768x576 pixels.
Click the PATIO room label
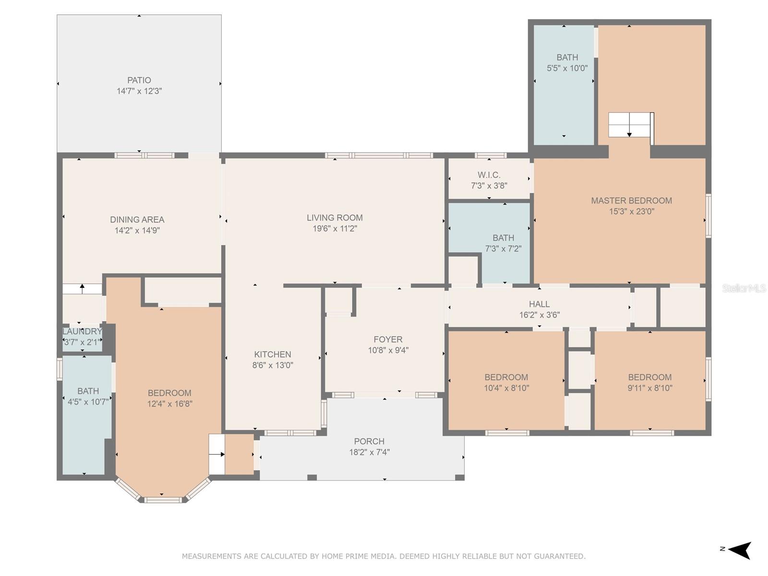(139, 80)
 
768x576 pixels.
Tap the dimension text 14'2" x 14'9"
(137, 230)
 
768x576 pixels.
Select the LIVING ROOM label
(335, 217)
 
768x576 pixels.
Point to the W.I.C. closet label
(489, 175)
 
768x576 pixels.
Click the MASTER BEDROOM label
(631, 201)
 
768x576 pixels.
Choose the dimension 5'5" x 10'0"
(567, 68)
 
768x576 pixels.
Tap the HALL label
(539, 304)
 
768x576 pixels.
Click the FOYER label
(388, 339)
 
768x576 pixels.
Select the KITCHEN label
(273, 354)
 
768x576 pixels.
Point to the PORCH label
(369, 441)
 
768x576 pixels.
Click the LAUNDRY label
(82, 332)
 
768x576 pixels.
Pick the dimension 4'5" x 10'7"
(88, 402)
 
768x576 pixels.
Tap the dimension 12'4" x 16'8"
(170, 404)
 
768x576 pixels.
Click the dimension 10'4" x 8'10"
(506, 388)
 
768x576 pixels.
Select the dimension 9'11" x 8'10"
(650, 388)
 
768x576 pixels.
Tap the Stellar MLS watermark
(744, 288)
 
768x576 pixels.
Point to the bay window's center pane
(163, 500)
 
